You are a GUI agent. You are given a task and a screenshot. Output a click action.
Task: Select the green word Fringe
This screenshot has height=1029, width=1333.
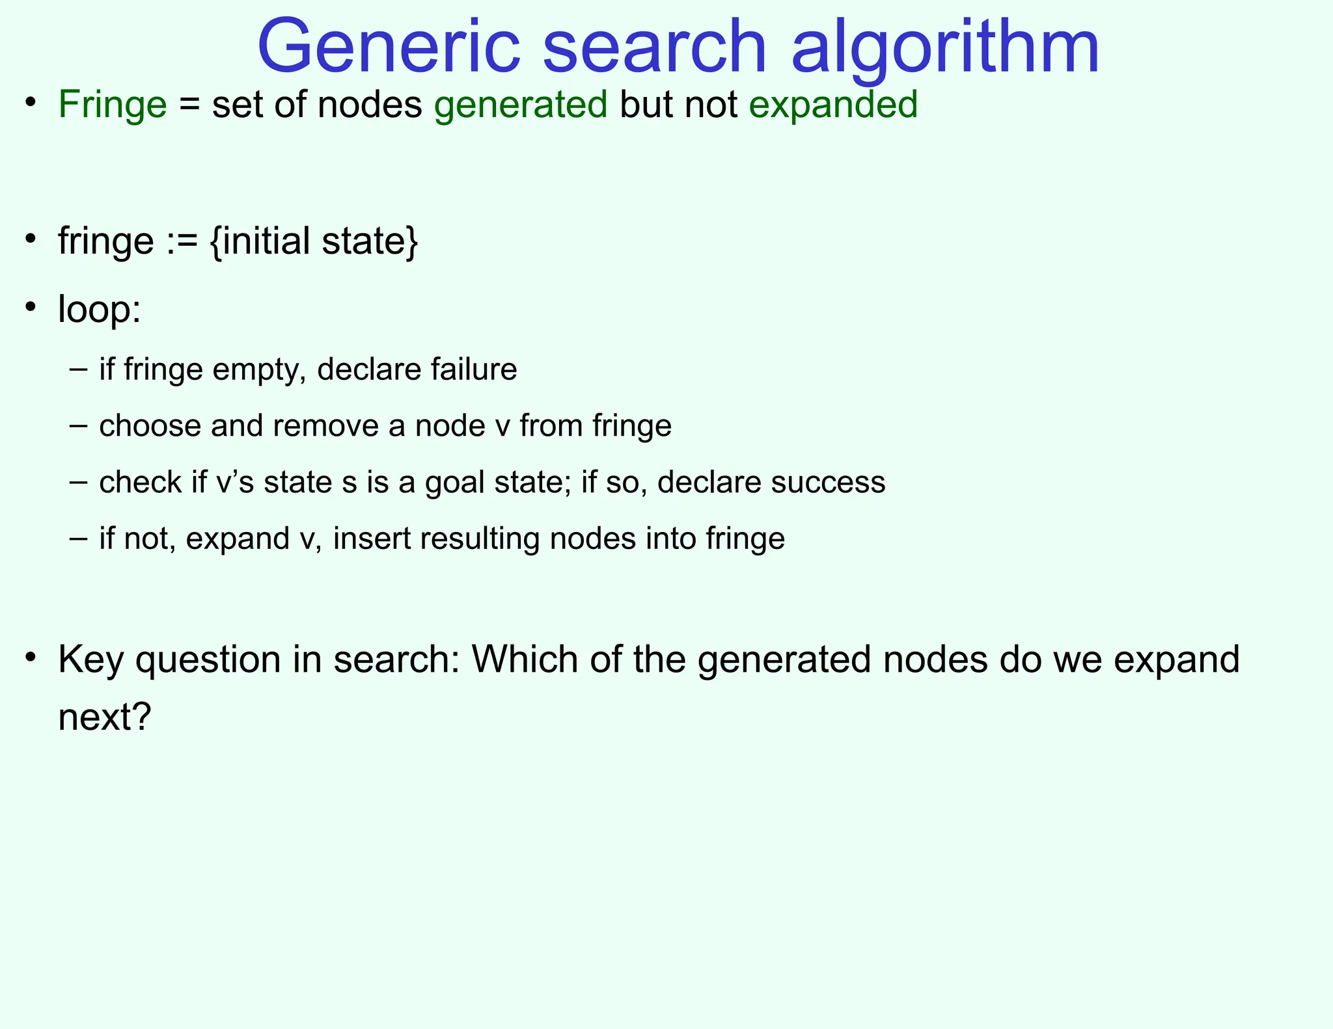pos(113,105)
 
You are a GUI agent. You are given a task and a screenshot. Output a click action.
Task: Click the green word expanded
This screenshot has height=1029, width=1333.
pos(833,105)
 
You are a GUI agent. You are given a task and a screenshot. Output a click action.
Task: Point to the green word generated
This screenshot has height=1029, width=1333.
pos(521,105)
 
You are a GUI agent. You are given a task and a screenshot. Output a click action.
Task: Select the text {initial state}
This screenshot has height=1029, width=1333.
pos(314,241)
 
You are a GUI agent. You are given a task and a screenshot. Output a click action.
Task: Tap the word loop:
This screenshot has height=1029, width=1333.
pos(99,309)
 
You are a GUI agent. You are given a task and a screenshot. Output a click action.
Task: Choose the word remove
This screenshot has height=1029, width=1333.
pos(325,426)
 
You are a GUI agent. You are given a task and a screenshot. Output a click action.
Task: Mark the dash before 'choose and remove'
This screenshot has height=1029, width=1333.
pos(77,426)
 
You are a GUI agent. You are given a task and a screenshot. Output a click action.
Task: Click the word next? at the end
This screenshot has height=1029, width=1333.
pos(104,717)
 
